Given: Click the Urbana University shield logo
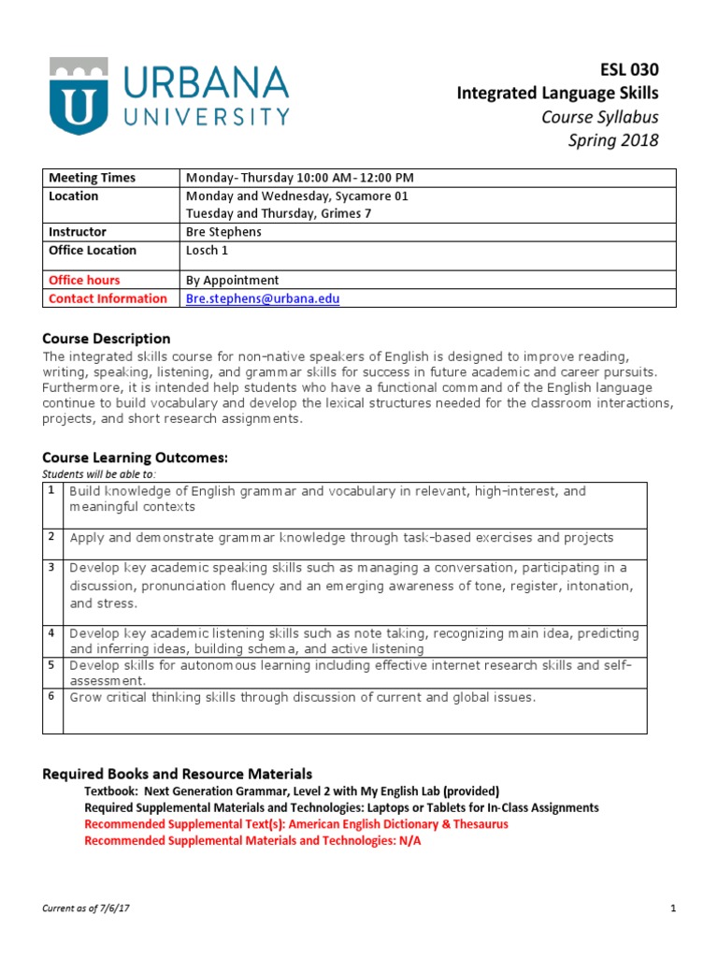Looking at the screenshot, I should [74, 95].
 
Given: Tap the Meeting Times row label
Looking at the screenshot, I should [92, 178].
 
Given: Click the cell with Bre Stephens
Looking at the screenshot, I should [224, 232].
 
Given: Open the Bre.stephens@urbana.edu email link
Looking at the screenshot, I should [263, 298].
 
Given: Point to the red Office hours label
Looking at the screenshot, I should [84, 280].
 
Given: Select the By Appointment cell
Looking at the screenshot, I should [232, 280].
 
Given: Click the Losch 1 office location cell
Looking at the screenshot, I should [207, 250].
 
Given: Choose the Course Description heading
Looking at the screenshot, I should [107, 339].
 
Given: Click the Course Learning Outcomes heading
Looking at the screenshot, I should [136, 457].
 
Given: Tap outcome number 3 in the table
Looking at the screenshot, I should [52, 567].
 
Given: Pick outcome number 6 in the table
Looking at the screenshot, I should [52, 696].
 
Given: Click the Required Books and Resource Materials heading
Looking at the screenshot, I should [178, 774].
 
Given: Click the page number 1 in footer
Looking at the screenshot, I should [672, 908].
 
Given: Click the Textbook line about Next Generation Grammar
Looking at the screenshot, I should [292, 791].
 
